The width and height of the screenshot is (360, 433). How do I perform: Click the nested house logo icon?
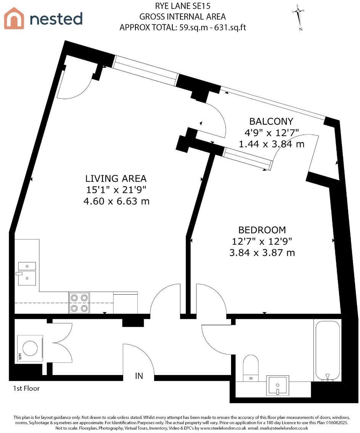(x=14, y=18)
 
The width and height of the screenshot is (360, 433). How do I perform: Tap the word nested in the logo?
(x=56, y=19)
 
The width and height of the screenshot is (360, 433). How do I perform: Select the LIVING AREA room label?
(x=116, y=178)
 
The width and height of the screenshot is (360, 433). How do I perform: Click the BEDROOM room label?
(x=262, y=230)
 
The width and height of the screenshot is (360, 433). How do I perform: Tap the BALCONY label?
(x=271, y=122)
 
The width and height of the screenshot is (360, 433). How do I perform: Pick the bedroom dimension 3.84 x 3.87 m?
(x=262, y=252)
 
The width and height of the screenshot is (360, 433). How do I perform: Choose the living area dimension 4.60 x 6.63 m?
(x=116, y=201)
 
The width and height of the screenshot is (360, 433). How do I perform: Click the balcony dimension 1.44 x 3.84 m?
(x=271, y=144)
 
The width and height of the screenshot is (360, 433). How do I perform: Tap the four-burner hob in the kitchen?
(x=79, y=303)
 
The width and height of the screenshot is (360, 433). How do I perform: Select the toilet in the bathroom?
(x=251, y=367)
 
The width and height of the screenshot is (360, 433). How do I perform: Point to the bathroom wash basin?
(x=278, y=385)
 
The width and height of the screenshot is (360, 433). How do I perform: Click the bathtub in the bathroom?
(x=327, y=350)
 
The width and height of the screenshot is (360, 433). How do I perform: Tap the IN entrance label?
(x=139, y=376)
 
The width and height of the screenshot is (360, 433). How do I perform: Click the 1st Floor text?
(x=26, y=389)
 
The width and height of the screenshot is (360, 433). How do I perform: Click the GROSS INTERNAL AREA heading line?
(x=182, y=17)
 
